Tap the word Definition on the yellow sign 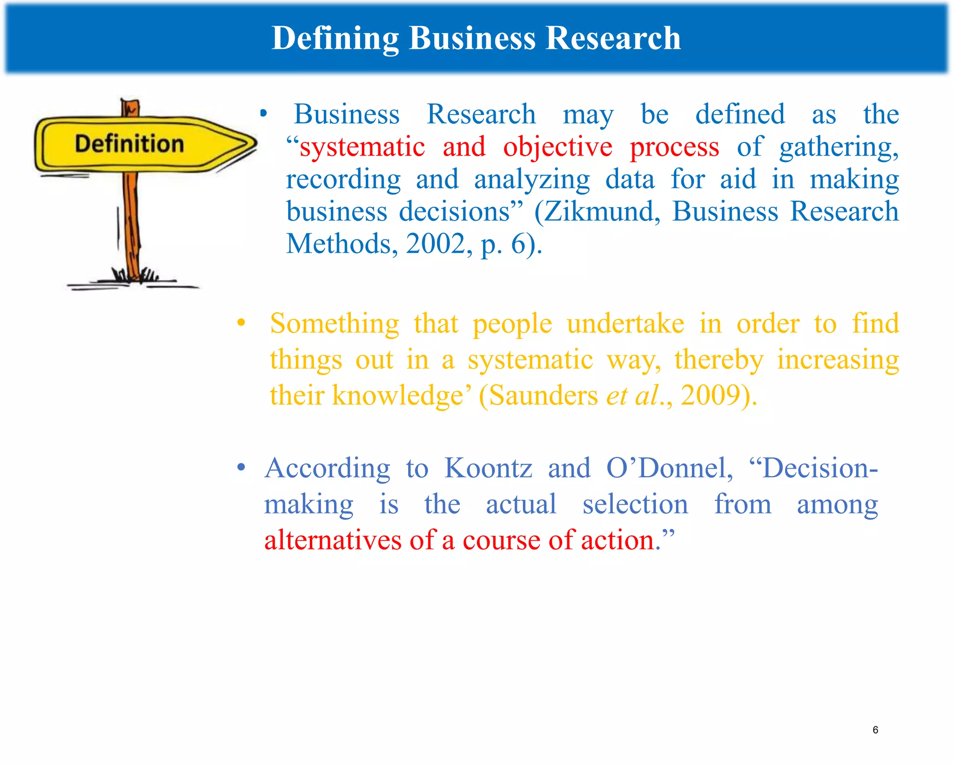129,144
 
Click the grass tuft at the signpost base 135,275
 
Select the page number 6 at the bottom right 875,730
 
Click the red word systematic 362,148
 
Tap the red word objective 557,148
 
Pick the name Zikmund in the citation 601,212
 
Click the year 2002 436,244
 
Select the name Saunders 543,396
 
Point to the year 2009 711,396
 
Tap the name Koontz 488,468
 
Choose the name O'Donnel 669,468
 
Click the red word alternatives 333,541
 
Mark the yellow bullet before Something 241,322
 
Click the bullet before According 241,467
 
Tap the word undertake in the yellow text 625,324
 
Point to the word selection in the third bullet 635,505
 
